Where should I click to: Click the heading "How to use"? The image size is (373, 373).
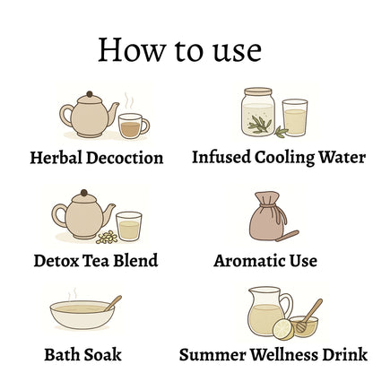(x=180, y=50)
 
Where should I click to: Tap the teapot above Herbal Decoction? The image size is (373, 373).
(x=89, y=116)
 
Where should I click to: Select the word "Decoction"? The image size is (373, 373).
(x=125, y=158)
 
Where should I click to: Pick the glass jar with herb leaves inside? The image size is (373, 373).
(x=258, y=112)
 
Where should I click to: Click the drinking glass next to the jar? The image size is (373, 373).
(x=295, y=117)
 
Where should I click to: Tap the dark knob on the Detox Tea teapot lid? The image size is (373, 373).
(x=84, y=193)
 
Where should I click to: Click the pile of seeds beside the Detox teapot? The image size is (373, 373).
(x=107, y=238)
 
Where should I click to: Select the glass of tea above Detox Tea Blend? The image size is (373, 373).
(x=128, y=226)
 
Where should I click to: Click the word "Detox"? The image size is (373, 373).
(x=56, y=261)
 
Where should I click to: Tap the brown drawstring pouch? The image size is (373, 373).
(x=267, y=216)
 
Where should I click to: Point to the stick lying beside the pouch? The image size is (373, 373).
(x=287, y=236)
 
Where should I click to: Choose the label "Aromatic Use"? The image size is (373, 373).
(x=265, y=261)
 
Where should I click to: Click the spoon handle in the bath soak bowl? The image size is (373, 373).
(x=113, y=303)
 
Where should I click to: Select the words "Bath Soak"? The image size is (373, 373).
(x=82, y=355)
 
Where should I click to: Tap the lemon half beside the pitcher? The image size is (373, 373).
(x=282, y=329)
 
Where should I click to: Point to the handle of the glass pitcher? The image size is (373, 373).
(x=286, y=305)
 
